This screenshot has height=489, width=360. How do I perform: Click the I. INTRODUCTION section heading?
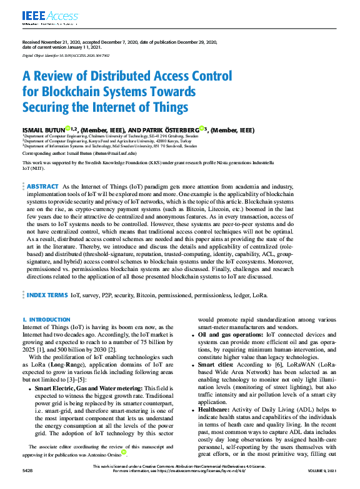[46, 319]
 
